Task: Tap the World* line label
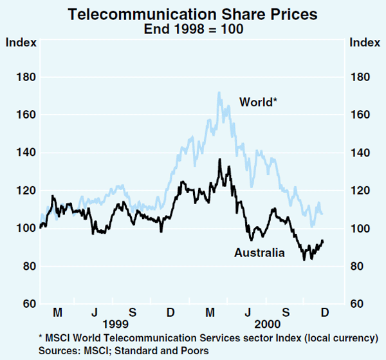[x=258, y=102]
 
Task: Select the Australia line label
[x=259, y=252]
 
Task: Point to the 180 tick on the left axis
[x=23, y=77]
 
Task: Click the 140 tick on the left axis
[x=23, y=153]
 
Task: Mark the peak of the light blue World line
[x=219, y=92]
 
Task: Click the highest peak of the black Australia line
[x=219, y=159]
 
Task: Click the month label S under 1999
[x=133, y=313]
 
